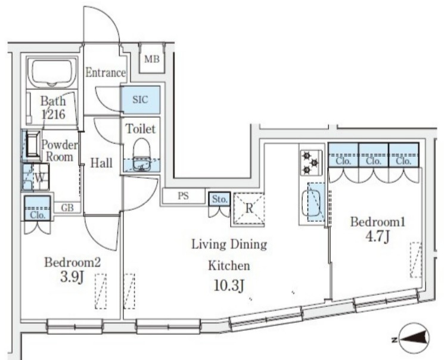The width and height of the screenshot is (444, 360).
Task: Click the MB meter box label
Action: (x=152, y=60)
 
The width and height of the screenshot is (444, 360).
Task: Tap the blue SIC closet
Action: (x=141, y=100)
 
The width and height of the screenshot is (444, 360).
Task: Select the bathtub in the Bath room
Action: (x=52, y=73)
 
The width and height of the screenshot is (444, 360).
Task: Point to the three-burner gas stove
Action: (x=311, y=163)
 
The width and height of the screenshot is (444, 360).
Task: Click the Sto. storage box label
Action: (x=220, y=200)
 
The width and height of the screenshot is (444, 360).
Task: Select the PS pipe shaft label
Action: (x=183, y=195)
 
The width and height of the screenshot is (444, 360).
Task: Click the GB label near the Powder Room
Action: (x=67, y=208)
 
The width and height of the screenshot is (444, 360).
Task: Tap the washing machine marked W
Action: (x=36, y=177)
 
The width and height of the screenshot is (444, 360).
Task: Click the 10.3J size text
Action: (x=229, y=285)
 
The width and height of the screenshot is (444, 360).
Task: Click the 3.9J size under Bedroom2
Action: (x=72, y=277)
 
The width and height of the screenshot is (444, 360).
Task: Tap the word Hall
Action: (x=101, y=163)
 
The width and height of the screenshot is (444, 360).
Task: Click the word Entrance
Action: (x=105, y=73)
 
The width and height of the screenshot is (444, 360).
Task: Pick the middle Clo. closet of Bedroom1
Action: (x=374, y=155)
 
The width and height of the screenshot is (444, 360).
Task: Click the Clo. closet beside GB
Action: (x=38, y=208)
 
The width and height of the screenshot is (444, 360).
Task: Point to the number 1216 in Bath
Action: (x=54, y=114)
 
